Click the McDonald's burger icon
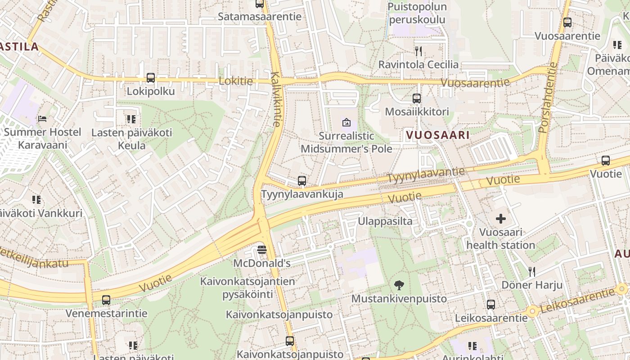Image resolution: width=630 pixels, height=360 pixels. (262, 249)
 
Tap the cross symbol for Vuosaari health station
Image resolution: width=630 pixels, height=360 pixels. (500, 219)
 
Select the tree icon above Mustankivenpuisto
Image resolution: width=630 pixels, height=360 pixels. (398, 285)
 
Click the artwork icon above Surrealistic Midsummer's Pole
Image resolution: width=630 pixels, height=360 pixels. (346, 122)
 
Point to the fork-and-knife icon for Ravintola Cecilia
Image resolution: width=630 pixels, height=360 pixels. (418, 51)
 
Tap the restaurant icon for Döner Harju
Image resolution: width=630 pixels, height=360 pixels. (532, 271)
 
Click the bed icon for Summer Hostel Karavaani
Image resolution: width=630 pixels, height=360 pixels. (42, 119)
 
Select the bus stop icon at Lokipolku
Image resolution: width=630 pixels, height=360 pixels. (151, 78)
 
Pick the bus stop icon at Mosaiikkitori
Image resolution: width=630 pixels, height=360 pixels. (417, 98)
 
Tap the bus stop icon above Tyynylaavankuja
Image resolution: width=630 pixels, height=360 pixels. (302, 181)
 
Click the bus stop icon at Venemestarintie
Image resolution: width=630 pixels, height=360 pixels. (106, 300)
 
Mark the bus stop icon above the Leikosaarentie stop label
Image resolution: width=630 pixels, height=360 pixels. (491, 305)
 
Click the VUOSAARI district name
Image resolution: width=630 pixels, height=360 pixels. (437, 135)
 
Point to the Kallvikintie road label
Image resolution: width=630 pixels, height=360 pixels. (276, 99)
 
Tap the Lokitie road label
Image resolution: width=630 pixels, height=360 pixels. (235, 81)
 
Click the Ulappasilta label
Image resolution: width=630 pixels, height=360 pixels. (385, 221)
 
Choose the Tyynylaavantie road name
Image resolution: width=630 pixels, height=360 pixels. (426, 175)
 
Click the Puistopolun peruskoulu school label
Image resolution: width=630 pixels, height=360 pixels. (417, 13)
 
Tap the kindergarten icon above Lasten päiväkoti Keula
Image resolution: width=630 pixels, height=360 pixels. (131, 119)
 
